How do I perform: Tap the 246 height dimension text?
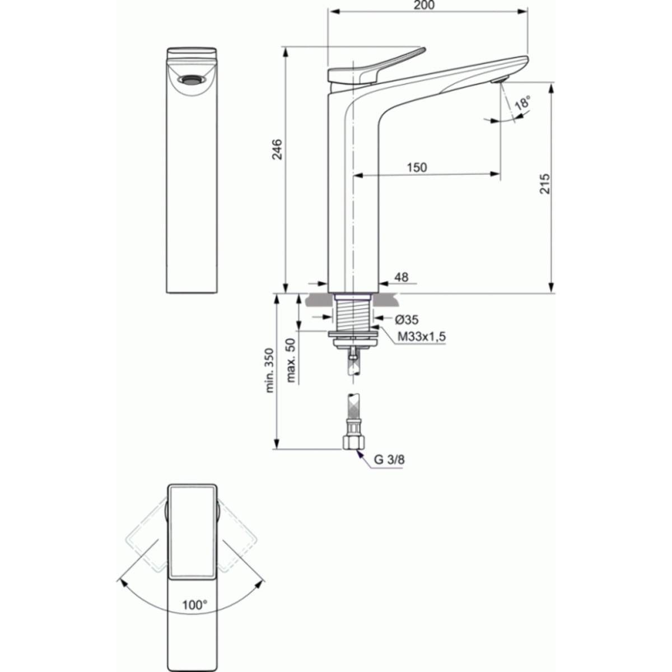pos(278,149)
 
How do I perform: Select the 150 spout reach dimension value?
pos(417,167)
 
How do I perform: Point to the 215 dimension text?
pos(545,184)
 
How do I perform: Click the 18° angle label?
pos(522,103)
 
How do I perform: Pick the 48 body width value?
pos(402,277)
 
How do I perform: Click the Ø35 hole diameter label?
pos(407,320)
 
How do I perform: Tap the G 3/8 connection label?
pos(389,460)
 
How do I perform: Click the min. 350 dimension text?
pos(270,371)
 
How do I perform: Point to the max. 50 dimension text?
pos(291,360)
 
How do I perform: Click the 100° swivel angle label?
pos(194,605)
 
